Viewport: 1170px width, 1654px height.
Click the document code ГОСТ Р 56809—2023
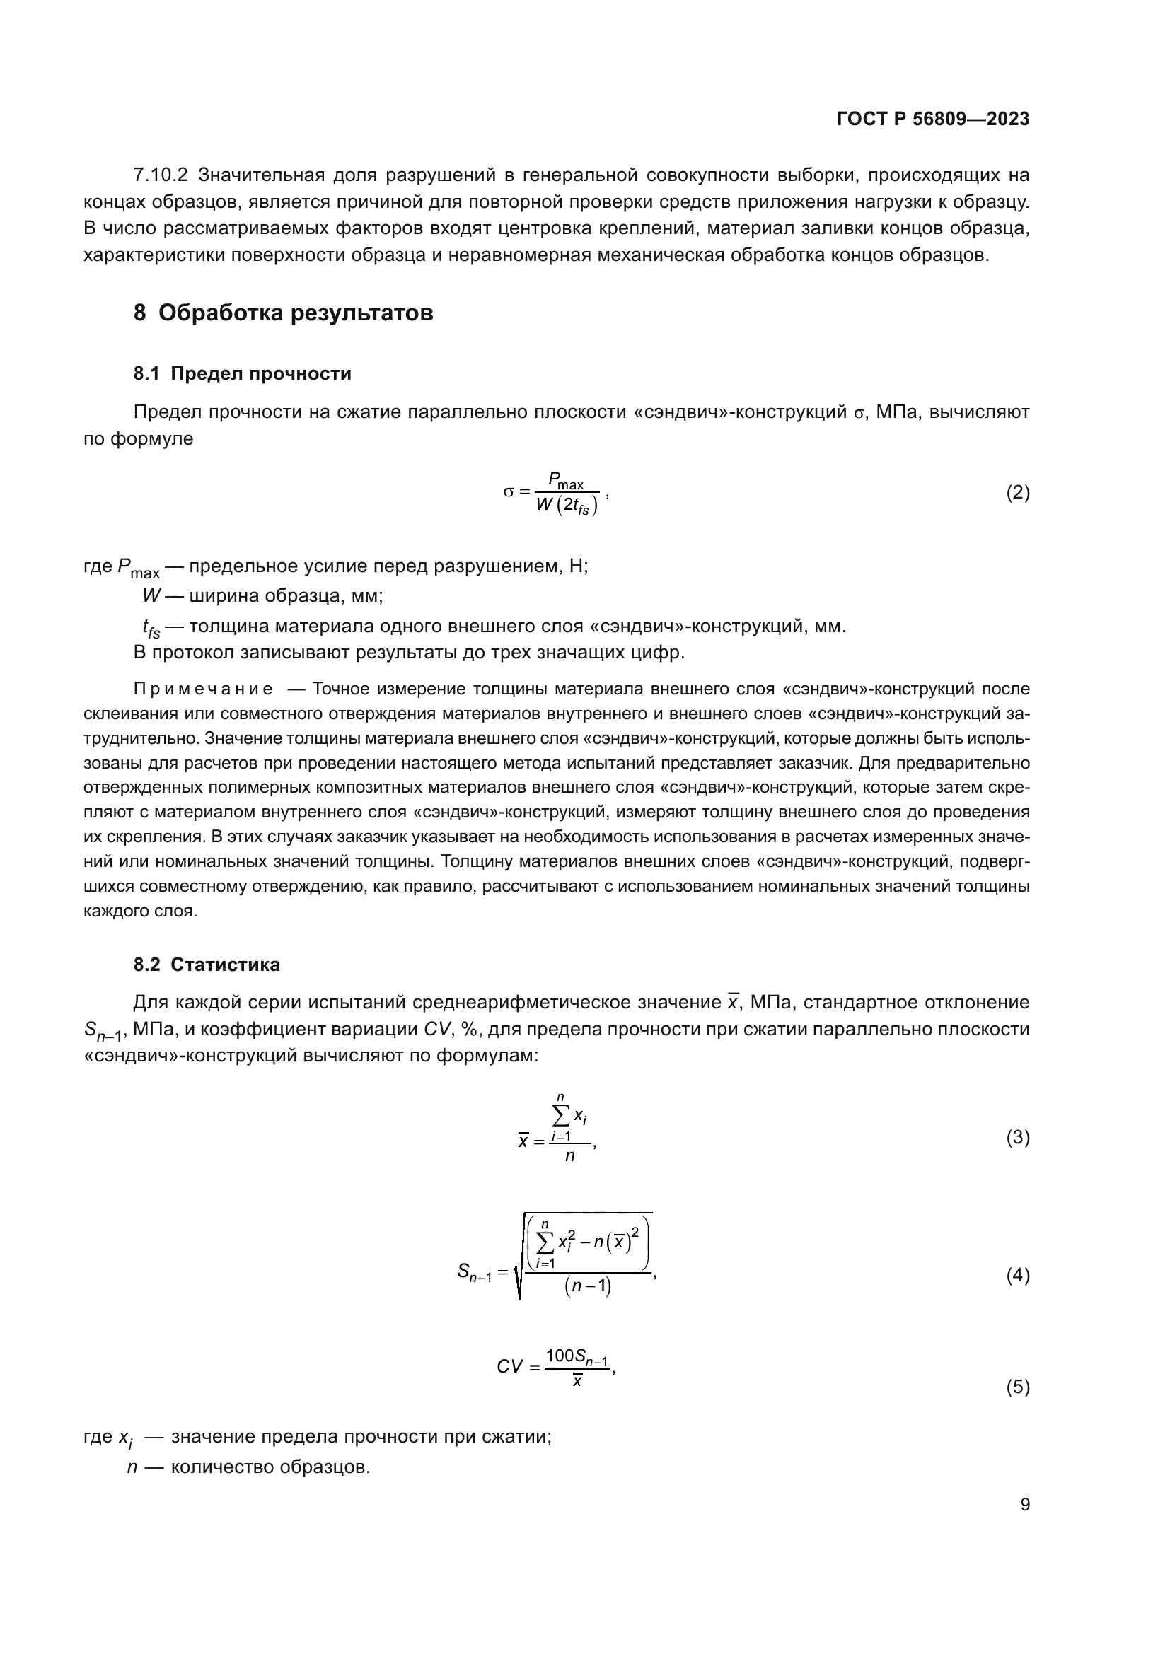point(933,119)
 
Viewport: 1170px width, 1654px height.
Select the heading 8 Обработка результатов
point(283,313)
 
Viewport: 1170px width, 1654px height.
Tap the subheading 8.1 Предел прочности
point(242,374)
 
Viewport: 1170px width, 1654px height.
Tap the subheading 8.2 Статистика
point(206,965)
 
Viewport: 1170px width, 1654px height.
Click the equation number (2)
point(1017,493)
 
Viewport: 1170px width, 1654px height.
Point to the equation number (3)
point(1017,1138)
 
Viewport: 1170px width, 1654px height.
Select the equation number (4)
point(1017,1276)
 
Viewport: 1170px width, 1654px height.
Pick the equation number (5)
point(1017,1387)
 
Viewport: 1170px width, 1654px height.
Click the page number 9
point(1025,1505)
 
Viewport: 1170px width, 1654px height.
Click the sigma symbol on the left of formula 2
point(509,493)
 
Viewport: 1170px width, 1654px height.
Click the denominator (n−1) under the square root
point(587,1286)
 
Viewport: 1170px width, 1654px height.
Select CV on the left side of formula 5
point(509,1367)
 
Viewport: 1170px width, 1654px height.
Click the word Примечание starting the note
point(203,689)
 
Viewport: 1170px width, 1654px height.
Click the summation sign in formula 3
point(561,1117)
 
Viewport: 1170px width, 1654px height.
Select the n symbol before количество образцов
point(132,1467)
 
